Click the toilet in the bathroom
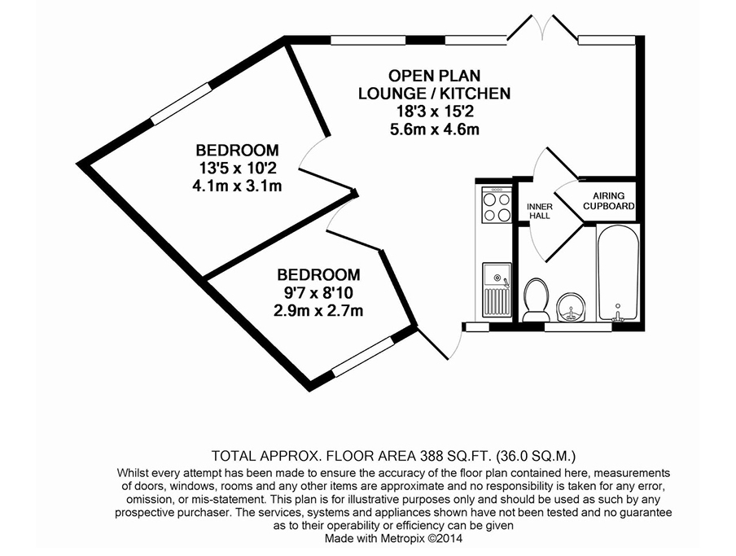(536, 300)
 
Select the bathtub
(618, 274)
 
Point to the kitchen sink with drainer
(497, 290)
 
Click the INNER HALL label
(540, 211)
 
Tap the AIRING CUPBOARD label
(609, 201)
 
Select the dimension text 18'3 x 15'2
(435, 112)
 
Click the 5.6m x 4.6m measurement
(435, 129)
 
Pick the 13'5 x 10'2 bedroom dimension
(238, 168)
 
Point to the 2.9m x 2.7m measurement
(318, 311)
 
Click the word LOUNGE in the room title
(392, 94)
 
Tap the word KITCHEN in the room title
(476, 94)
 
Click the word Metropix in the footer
(405, 538)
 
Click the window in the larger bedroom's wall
(182, 103)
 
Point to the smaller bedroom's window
(363, 356)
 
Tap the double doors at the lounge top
(543, 28)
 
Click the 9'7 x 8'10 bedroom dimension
(318, 293)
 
